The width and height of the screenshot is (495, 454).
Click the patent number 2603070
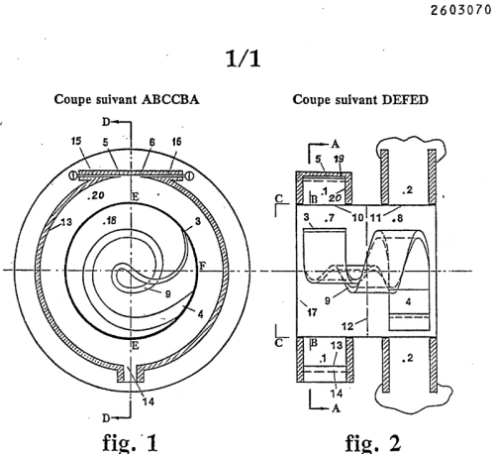click(460, 10)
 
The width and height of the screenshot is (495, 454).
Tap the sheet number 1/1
click(244, 58)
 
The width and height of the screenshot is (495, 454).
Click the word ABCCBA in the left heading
click(170, 99)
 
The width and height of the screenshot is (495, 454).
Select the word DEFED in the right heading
click(405, 99)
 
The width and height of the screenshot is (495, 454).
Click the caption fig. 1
click(130, 442)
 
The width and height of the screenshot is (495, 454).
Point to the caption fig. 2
click(373, 442)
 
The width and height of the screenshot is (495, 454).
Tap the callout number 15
click(76, 142)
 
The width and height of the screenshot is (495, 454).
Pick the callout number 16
click(176, 142)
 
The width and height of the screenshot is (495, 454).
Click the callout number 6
click(151, 142)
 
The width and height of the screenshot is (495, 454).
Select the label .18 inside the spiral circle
click(110, 220)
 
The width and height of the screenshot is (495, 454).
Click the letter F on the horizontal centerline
click(203, 266)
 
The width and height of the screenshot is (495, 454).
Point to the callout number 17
click(312, 311)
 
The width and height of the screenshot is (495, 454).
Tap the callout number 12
click(347, 326)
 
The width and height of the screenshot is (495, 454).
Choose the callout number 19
click(339, 159)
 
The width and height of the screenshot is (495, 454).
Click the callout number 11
click(376, 218)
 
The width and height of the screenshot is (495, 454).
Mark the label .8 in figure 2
click(397, 218)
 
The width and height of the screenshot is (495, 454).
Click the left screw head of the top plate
click(73, 175)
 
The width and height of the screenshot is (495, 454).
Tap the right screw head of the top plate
click(190, 175)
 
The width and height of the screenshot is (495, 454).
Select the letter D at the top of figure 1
click(106, 122)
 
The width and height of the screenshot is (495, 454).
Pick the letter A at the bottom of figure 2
click(336, 408)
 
